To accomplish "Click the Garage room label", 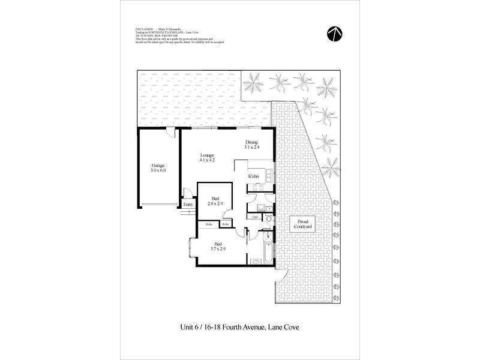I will [x=158, y=165].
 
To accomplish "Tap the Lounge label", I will [x=207, y=155].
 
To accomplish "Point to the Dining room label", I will [x=251, y=142].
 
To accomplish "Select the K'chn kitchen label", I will [x=254, y=176].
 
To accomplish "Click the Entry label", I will [x=188, y=204].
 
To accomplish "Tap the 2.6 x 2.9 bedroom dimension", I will [x=215, y=204].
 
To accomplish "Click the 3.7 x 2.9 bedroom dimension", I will [x=218, y=249].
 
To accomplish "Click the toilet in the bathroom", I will [x=268, y=220].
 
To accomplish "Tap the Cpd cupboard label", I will [x=255, y=217].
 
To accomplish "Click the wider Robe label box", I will [x=209, y=224].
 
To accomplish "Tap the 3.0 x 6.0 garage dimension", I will [x=158, y=170].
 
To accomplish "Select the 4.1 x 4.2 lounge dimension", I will [x=207, y=161].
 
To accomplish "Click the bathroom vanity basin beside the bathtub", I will [x=254, y=262].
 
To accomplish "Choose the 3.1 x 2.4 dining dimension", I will [x=251, y=147].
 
